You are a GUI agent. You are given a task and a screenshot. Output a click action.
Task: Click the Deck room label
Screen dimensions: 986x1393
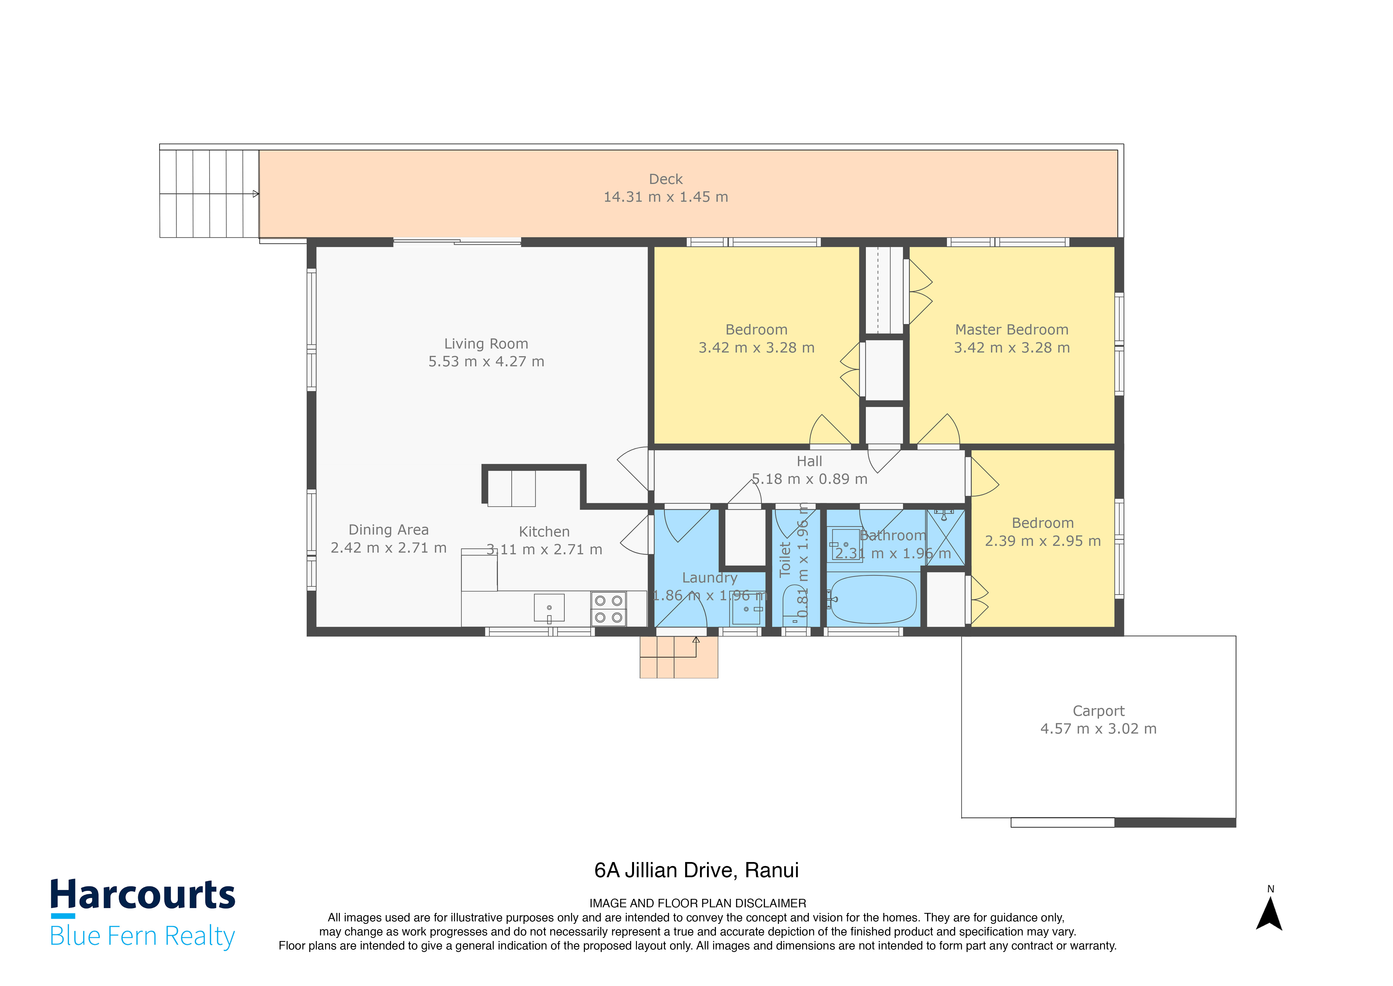point(665,179)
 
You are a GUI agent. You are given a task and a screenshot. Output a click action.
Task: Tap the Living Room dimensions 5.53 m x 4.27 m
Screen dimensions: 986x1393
point(486,362)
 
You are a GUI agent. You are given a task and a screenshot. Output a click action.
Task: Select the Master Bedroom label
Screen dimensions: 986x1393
point(1011,330)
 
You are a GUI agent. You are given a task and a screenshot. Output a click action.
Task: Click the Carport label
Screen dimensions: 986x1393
point(1098,711)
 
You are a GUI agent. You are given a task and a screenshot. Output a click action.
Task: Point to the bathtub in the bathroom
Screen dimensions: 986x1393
point(872,599)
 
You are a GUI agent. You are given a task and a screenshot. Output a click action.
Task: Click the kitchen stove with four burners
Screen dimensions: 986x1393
point(608,609)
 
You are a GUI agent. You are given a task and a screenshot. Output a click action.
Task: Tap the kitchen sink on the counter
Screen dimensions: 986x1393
point(549,608)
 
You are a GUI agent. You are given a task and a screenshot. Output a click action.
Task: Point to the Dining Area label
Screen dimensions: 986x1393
point(388,530)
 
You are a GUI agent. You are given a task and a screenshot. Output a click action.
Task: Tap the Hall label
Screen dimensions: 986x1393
point(809,462)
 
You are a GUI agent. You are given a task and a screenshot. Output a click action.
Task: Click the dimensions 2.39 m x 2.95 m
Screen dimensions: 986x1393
point(1042,541)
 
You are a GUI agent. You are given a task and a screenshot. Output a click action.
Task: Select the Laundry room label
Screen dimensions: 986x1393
point(709,578)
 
